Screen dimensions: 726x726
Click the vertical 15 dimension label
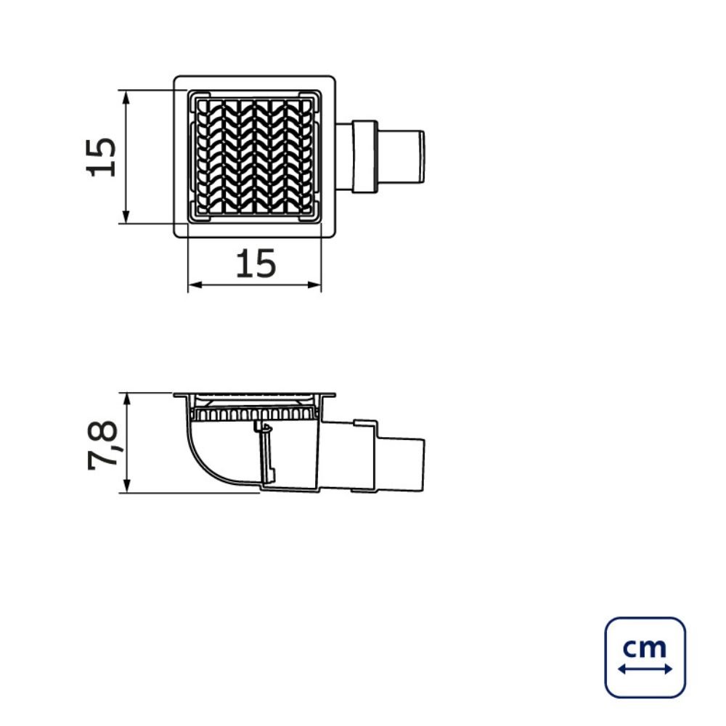[x=101, y=157]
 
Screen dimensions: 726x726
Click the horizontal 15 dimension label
[x=256, y=264]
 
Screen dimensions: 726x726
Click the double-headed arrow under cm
[x=645, y=669]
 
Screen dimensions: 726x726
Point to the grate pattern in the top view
[x=254, y=158]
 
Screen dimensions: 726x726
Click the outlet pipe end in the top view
[x=401, y=157]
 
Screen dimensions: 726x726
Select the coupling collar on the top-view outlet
[x=365, y=157]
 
